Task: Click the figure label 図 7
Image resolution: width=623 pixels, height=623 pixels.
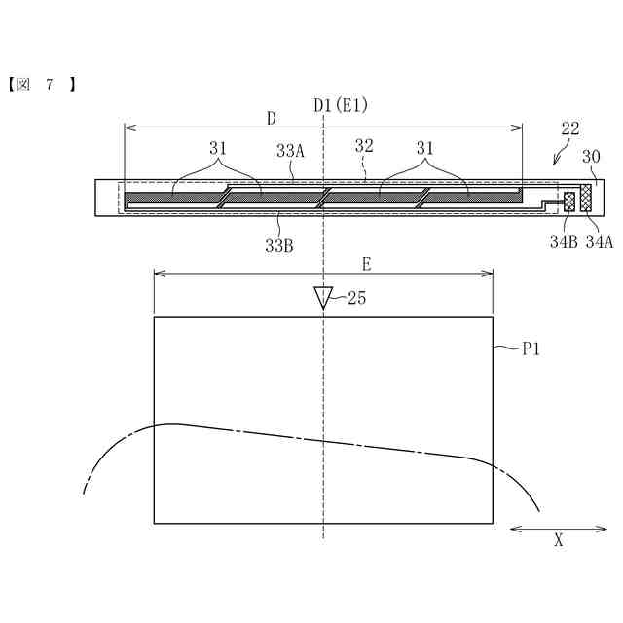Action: pyautogui.click(x=41, y=85)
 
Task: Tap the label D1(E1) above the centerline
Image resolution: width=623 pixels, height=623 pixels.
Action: pyautogui.click(x=341, y=106)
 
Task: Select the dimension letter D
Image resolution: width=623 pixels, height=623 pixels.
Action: pyautogui.click(x=272, y=119)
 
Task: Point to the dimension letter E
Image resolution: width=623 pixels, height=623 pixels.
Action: pyautogui.click(x=366, y=264)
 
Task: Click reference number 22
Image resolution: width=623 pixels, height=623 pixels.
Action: pyautogui.click(x=570, y=128)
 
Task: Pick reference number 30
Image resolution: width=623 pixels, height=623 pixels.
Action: pyautogui.click(x=591, y=157)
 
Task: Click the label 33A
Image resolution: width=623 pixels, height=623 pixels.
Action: pyautogui.click(x=290, y=151)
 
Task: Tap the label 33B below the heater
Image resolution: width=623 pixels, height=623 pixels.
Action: pyautogui.click(x=279, y=246)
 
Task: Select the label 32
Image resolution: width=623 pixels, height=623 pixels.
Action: pyautogui.click(x=364, y=146)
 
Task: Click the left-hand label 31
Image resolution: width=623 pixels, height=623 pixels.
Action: pyautogui.click(x=218, y=148)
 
